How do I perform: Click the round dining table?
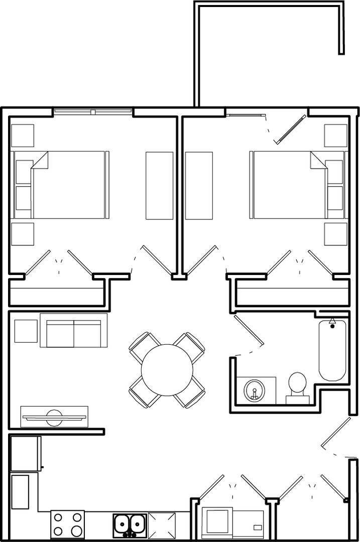point(167,370)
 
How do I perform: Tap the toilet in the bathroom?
point(297,385)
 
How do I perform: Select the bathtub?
point(332,350)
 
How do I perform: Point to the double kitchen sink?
point(130,525)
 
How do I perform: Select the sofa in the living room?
point(74,331)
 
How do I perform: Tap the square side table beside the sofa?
point(26,331)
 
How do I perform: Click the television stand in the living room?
point(54,417)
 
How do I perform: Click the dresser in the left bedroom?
point(159,185)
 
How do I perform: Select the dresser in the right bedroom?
point(199,185)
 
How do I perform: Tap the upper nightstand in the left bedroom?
point(23,135)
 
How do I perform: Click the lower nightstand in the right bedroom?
point(335,234)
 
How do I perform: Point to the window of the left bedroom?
point(92,111)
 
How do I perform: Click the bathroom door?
point(249,331)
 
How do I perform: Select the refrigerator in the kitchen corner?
point(25,454)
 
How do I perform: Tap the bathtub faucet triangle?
point(332,320)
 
